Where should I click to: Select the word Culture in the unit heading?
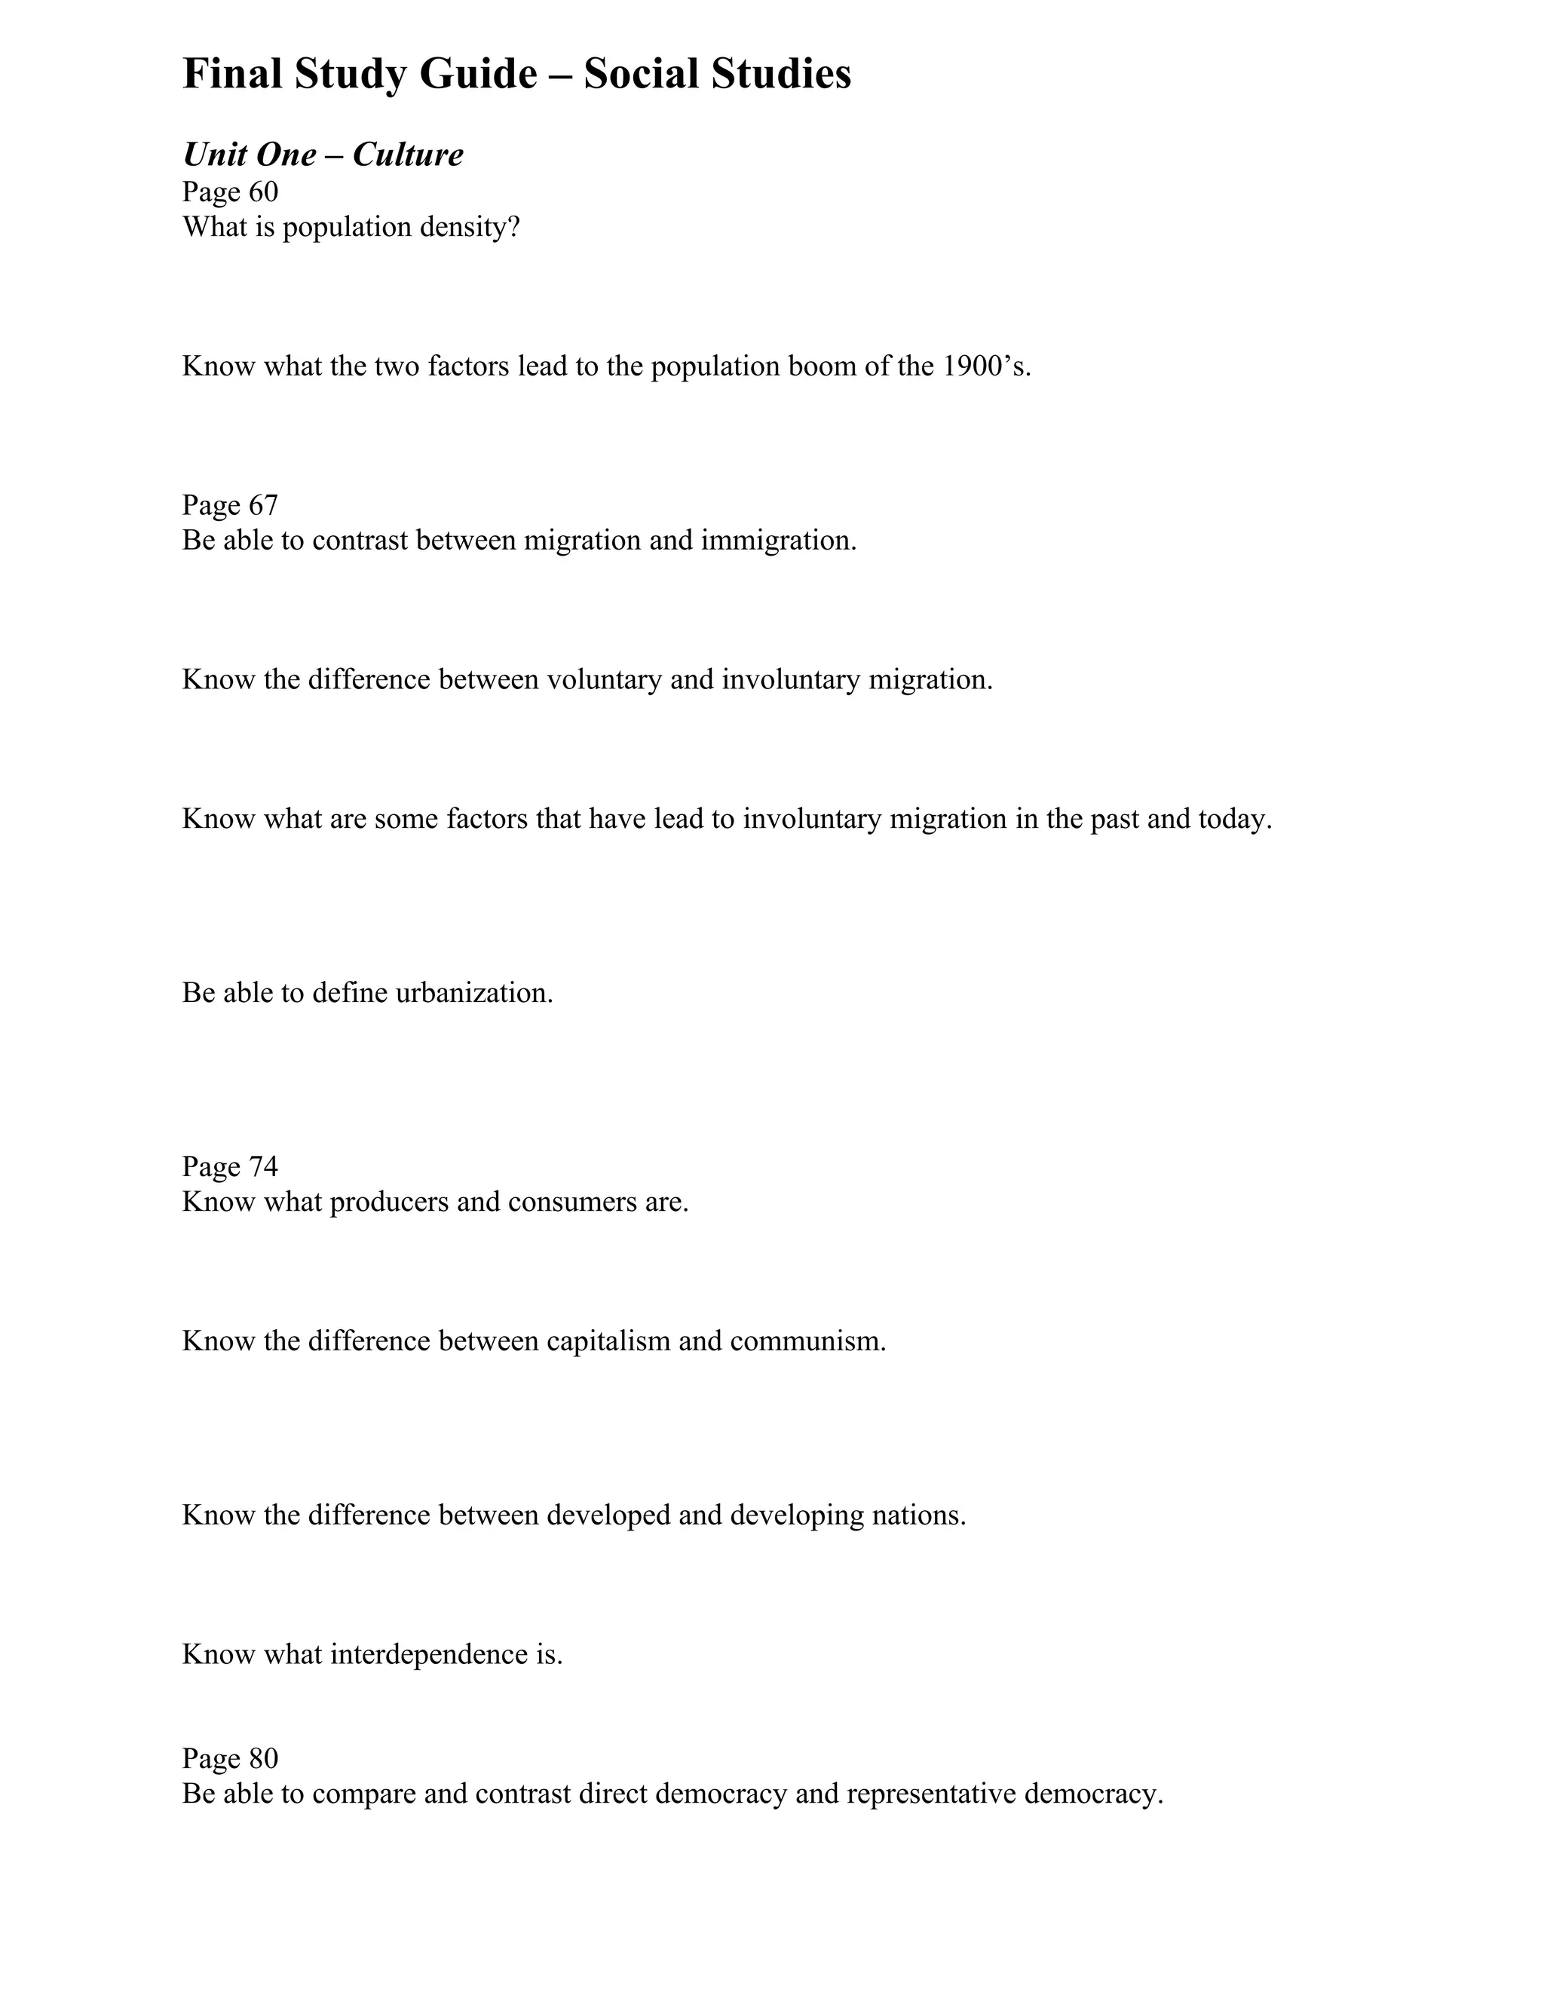(x=408, y=155)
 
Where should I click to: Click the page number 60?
(x=263, y=192)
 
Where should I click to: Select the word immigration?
(x=778, y=541)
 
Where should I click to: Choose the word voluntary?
(x=604, y=680)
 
